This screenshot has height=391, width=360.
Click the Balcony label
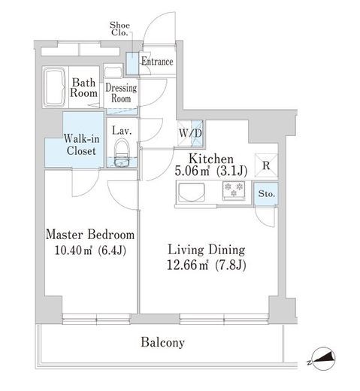(x=162, y=342)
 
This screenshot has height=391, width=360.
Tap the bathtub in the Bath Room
(x=55, y=87)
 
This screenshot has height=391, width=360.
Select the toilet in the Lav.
(x=122, y=153)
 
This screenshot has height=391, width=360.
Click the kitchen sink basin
(x=192, y=192)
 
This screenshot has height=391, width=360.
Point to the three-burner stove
(x=234, y=190)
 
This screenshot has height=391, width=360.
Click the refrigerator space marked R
(x=266, y=165)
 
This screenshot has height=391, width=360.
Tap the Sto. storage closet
(x=266, y=194)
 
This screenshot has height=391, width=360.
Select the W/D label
(x=190, y=133)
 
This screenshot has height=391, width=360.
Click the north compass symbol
(x=324, y=359)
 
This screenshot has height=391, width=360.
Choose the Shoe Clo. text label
(x=119, y=29)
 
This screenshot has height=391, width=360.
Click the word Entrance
(x=157, y=62)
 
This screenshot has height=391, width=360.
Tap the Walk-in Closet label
(x=81, y=145)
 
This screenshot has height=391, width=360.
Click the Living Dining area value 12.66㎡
(x=187, y=265)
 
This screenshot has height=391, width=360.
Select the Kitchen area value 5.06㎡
(x=192, y=171)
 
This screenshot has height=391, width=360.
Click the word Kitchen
(x=211, y=159)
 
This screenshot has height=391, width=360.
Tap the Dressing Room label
(x=121, y=93)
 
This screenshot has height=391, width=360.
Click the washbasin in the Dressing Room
(x=113, y=71)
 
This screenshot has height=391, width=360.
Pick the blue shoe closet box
(x=132, y=63)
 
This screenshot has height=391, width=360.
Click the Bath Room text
(x=83, y=88)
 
